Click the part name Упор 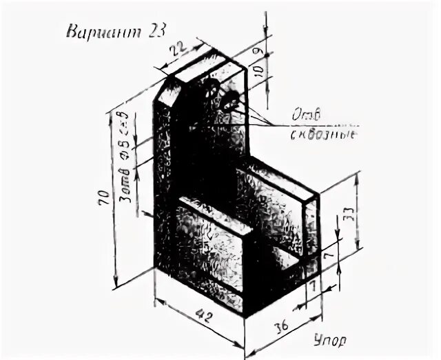[330, 339]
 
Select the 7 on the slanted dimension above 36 [314, 283]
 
